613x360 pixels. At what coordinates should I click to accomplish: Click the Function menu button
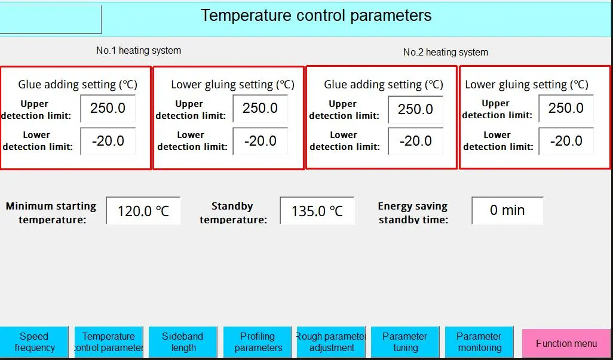click(x=566, y=343)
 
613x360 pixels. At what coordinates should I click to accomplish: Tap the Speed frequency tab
click(x=34, y=342)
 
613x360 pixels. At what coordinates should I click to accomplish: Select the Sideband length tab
click(x=183, y=342)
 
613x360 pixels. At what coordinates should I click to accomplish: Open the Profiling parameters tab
click(x=258, y=342)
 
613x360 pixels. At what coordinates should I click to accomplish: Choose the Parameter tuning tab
click(x=405, y=342)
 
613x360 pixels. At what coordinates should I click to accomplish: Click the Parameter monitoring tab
click(x=479, y=342)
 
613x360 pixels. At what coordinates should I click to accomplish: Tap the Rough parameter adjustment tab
click(x=331, y=342)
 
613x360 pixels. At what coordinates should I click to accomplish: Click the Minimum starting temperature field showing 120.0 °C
click(x=143, y=211)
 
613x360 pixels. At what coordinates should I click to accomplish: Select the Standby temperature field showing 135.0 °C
click(x=317, y=211)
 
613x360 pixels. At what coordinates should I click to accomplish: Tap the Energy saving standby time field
click(x=507, y=211)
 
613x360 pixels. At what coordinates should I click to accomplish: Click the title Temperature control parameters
click(x=316, y=16)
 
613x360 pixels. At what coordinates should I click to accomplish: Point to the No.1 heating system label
click(x=139, y=50)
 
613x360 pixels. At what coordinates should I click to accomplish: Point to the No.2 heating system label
click(x=446, y=53)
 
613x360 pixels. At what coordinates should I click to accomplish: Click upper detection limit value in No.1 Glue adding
click(x=108, y=109)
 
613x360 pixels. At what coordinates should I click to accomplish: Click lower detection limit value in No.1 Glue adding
click(x=108, y=141)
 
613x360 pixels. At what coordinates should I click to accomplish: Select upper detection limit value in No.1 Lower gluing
click(x=260, y=109)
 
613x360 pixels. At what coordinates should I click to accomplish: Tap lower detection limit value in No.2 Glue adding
click(x=416, y=141)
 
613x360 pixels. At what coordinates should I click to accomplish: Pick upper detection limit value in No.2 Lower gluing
click(x=566, y=108)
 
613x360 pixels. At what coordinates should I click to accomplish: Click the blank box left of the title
click(x=51, y=19)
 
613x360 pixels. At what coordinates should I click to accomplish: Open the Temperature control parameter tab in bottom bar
click(x=109, y=342)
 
